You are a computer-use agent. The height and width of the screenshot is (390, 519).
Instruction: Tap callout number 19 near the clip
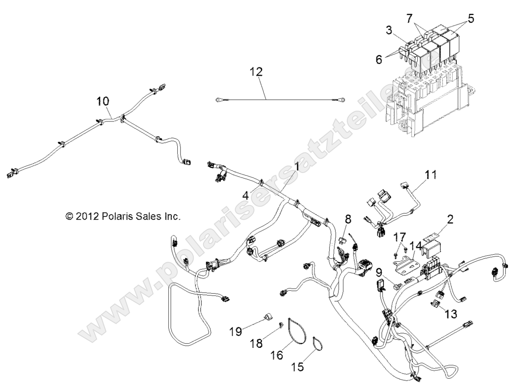coord(236,331)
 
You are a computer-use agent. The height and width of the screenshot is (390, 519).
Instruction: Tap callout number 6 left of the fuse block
coord(379,59)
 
